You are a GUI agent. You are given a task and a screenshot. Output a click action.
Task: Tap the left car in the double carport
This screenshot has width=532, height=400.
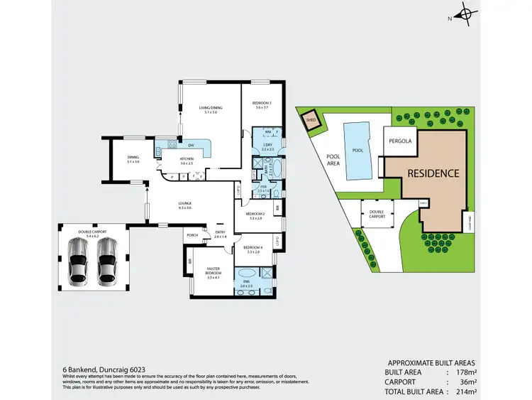pyautogui.click(x=79, y=260)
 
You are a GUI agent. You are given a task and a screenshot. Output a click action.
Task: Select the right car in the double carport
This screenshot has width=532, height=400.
pyautogui.click(x=107, y=260)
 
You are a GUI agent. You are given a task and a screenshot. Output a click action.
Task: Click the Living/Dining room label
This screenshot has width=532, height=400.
pyautogui.click(x=210, y=109)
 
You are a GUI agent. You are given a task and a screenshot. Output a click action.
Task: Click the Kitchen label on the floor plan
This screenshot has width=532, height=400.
pyautogui.click(x=187, y=161)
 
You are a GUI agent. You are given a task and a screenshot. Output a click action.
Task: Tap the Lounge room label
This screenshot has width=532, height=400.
pyautogui.click(x=185, y=206)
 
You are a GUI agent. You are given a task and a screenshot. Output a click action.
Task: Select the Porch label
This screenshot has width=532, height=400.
pyautogui.click(x=191, y=235)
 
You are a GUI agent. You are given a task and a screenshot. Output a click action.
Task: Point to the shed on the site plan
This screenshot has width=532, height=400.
pyautogui.click(x=311, y=120)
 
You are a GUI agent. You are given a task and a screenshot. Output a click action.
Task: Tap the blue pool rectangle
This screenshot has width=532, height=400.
pyautogui.click(x=358, y=150)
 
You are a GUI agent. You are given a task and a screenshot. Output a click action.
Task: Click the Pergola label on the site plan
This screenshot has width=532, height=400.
pyautogui.click(x=400, y=141)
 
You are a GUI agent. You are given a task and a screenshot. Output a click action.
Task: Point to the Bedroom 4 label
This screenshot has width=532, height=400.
pyautogui.click(x=255, y=249)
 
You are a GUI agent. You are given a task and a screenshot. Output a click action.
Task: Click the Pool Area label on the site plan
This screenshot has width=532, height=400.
pyautogui.click(x=333, y=160)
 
